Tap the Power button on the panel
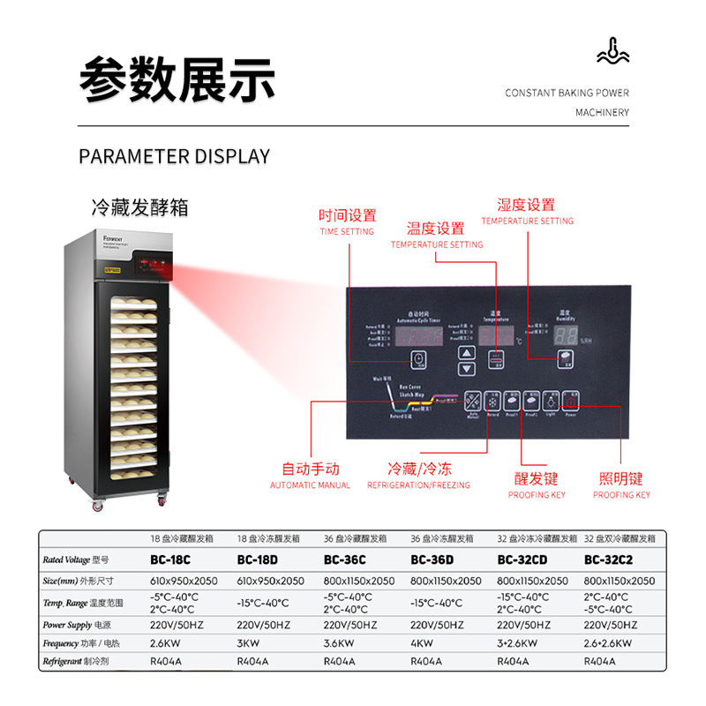(572, 402)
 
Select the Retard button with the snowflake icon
(493, 402)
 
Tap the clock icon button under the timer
(419, 358)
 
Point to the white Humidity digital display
(567, 335)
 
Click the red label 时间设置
(347, 215)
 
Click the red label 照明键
(621, 479)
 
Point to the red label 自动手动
(310, 469)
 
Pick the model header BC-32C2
(609, 560)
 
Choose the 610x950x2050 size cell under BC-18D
(271, 581)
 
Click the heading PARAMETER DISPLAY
(175, 157)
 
